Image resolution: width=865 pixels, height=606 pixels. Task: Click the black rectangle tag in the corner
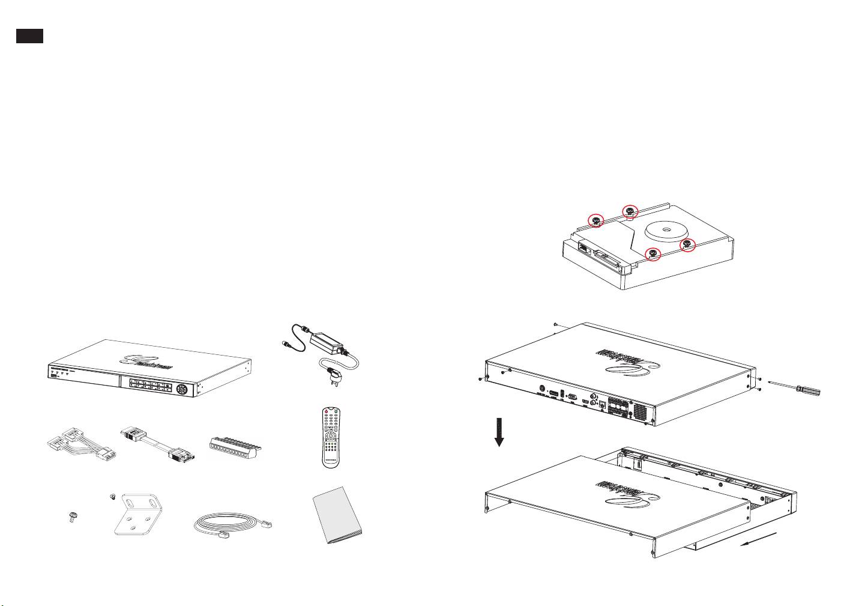[29, 35]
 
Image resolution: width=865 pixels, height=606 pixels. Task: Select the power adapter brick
[327, 344]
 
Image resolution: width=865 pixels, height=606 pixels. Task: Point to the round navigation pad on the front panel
[182, 389]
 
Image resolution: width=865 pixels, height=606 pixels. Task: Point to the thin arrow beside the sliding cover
[759, 538]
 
